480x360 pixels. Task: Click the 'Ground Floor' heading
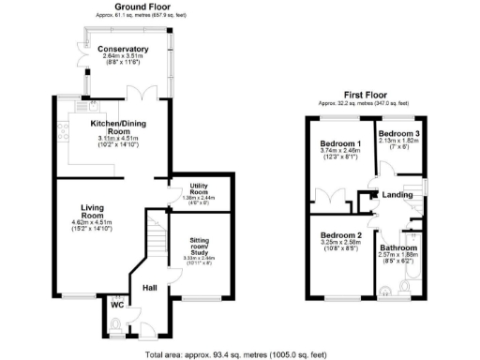coord(141,7)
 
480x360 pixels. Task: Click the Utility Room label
coord(197,187)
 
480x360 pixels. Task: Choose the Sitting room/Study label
coord(197,245)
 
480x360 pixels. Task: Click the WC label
coord(116,304)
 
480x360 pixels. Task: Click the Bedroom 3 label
coord(399,135)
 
